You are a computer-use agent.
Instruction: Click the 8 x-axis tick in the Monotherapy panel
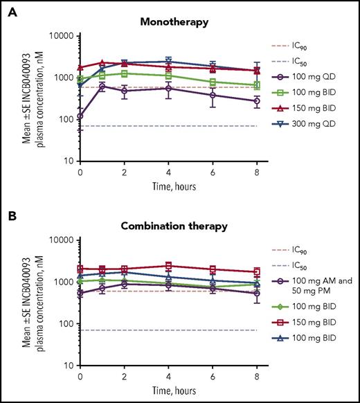pyautogui.click(x=258, y=171)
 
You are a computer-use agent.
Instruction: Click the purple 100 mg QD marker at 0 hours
pyautogui.click(x=80, y=116)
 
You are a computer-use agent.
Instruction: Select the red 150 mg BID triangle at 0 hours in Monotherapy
pyautogui.click(x=80, y=68)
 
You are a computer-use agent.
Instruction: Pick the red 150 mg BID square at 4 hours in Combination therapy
pyautogui.click(x=169, y=266)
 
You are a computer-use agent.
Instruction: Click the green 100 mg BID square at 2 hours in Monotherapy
pyautogui.click(x=125, y=73)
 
